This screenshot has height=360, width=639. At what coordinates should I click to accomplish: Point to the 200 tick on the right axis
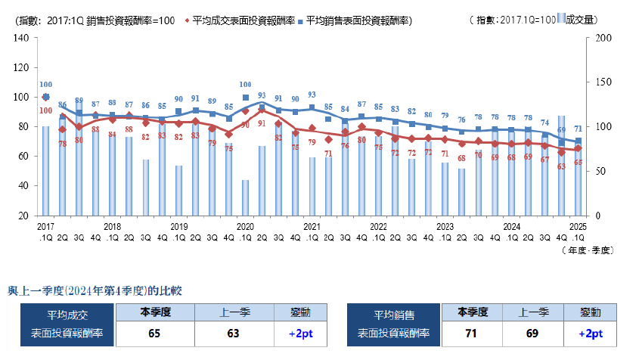click(x=603, y=38)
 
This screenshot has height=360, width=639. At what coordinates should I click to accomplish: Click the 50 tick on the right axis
click(x=600, y=171)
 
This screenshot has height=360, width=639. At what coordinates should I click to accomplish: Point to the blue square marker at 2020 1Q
click(x=246, y=98)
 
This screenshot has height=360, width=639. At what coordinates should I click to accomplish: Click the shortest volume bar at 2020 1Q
click(x=246, y=197)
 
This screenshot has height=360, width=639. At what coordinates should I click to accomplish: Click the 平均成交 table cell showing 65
click(x=155, y=333)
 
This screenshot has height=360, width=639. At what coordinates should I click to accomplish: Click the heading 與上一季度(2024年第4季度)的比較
click(x=95, y=290)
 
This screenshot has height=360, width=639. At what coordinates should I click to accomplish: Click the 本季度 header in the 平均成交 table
click(x=155, y=312)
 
